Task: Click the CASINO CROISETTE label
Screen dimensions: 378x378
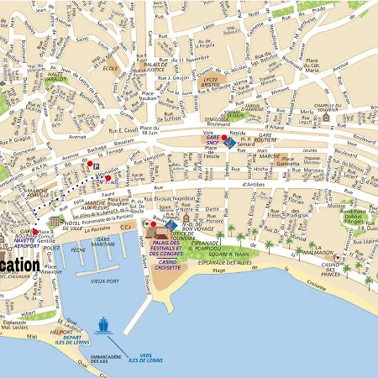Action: pos(172,265)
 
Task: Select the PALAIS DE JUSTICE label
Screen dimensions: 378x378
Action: pos(156,68)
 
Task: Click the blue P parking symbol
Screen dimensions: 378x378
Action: pos(96,167)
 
